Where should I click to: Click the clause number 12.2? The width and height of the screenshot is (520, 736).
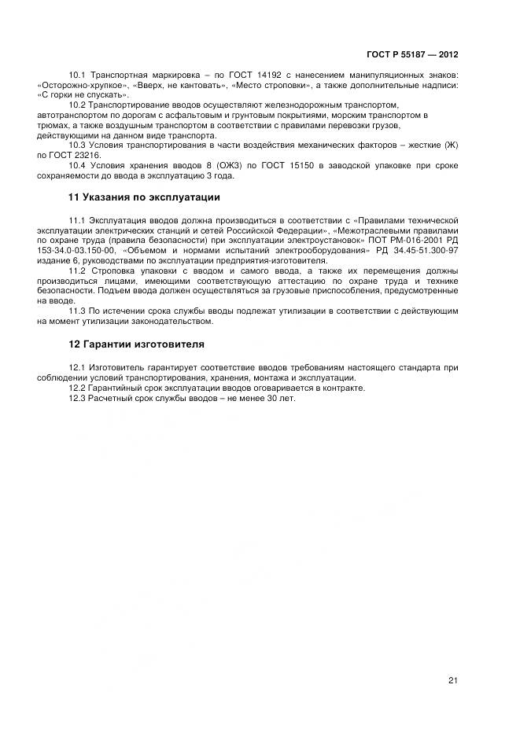click(x=77, y=388)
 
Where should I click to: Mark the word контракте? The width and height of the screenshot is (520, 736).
click(x=345, y=388)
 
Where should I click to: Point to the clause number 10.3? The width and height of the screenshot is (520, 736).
click(x=77, y=145)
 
